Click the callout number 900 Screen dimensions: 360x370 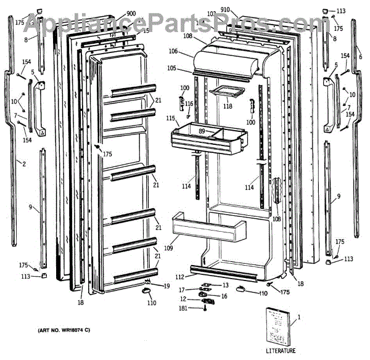click(131, 14)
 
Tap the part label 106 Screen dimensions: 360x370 click(173, 51)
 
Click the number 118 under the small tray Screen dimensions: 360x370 click(228, 107)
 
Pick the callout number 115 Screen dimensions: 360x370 click(170, 118)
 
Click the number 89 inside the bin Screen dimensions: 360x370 click(202, 131)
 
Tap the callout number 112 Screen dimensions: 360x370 click(179, 276)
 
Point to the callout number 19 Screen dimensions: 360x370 click(166, 286)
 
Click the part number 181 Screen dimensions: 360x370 click(184, 308)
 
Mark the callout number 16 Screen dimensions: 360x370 click(224, 296)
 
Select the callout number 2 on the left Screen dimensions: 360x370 click(24, 164)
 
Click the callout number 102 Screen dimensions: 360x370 click(212, 14)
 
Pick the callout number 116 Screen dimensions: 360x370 click(189, 104)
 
